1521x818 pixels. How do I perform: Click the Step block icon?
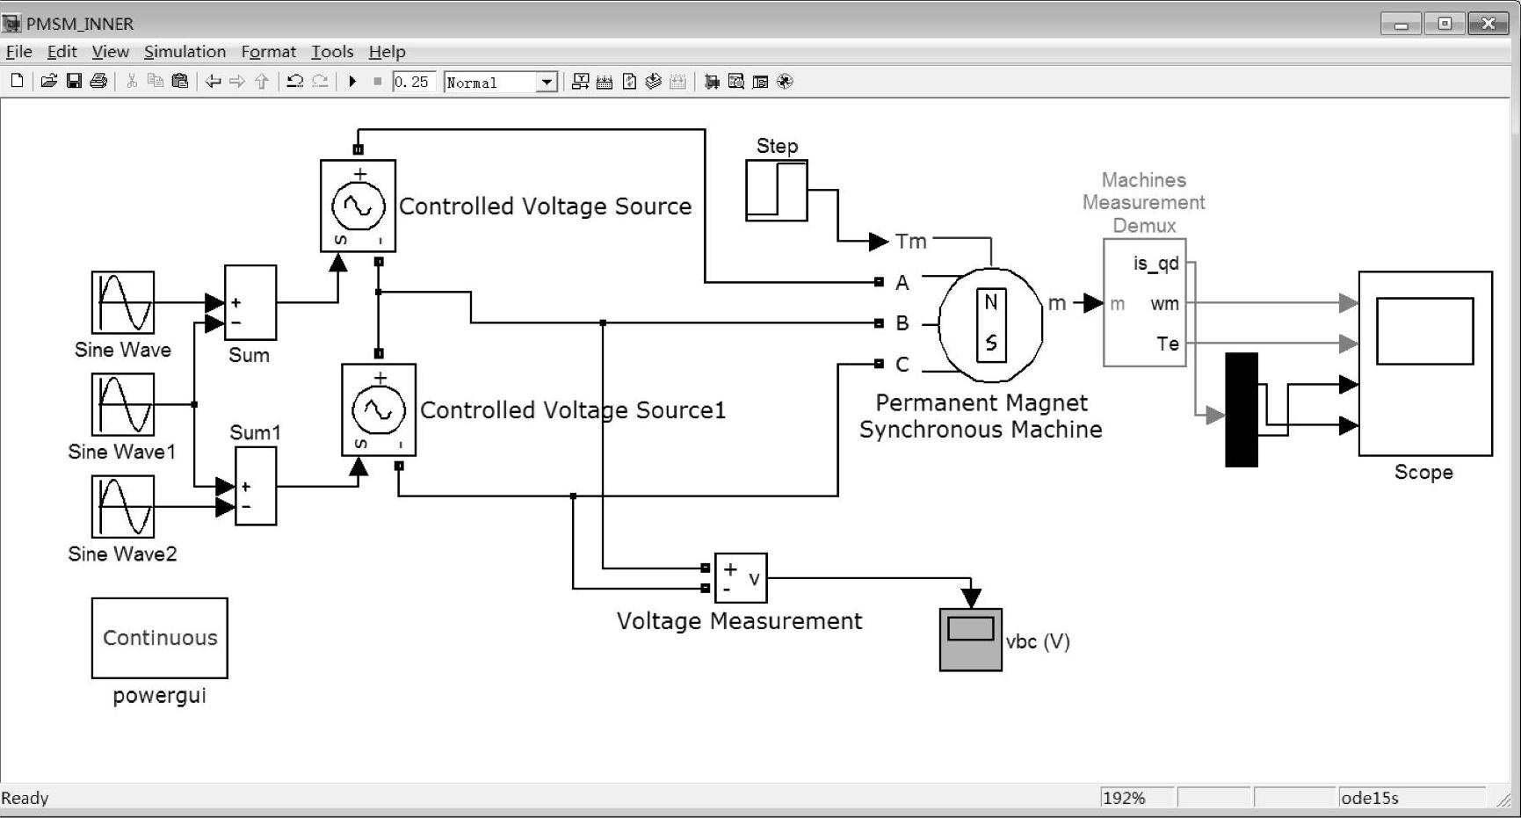click(777, 190)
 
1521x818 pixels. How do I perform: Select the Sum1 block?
click(256, 486)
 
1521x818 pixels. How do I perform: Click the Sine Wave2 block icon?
click(123, 507)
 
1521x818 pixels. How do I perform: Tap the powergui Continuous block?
click(160, 639)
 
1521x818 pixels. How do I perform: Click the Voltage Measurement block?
click(741, 578)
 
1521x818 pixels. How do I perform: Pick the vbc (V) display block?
click(971, 640)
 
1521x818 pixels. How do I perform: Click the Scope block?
click(1425, 364)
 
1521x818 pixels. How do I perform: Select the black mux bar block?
click(1242, 409)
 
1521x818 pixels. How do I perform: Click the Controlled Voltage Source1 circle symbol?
click(379, 409)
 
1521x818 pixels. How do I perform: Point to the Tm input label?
click(911, 241)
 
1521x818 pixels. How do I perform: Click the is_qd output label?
click(1156, 264)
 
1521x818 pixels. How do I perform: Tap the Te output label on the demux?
click(1168, 344)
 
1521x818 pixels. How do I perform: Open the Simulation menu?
click(185, 52)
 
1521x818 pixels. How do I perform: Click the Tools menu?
click(332, 52)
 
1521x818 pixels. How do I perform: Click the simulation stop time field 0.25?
click(412, 82)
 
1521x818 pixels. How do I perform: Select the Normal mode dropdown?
click(501, 83)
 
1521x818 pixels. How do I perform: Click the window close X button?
click(1488, 24)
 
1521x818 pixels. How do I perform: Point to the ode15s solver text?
click(1369, 798)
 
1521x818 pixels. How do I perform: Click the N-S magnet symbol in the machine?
click(991, 323)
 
